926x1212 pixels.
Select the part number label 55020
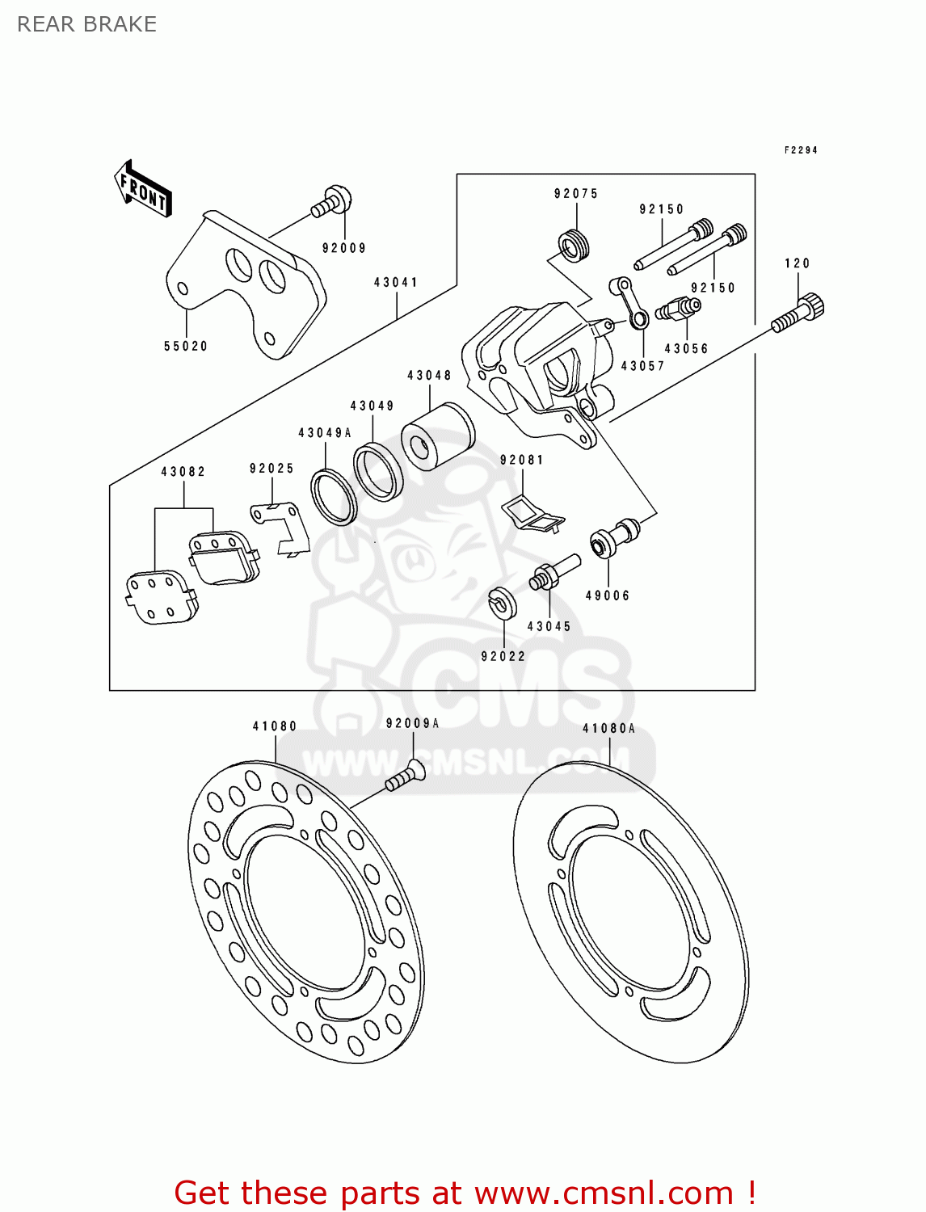186,346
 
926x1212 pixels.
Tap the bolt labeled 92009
332,201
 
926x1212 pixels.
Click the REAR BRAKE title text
86,24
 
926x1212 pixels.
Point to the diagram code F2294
800,150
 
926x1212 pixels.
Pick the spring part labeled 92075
574,245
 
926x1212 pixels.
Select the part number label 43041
396,283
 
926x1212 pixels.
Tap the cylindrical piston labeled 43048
437,437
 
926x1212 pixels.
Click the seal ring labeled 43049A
334,496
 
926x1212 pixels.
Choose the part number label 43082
183,472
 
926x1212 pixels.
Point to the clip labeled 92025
280,528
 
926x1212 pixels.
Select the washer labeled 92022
502,604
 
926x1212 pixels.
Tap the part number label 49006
608,595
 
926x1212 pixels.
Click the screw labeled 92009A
405,776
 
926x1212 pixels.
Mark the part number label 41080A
609,729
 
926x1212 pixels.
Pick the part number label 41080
275,726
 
